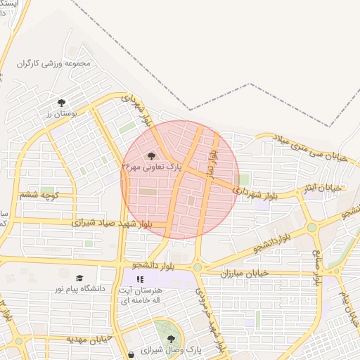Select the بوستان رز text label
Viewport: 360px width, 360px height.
pyautogui.click(x=60, y=113)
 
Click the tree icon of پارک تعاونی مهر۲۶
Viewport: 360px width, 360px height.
pyautogui.click(x=151, y=156)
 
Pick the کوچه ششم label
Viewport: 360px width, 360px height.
pyautogui.click(x=39, y=195)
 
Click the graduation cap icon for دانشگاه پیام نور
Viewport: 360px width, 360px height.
pyautogui.click(x=79, y=278)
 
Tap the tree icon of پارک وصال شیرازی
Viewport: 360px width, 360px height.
pyautogui.click(x=171, y=339)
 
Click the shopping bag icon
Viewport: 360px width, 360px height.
pyautogui.click(x=131, y=354)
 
